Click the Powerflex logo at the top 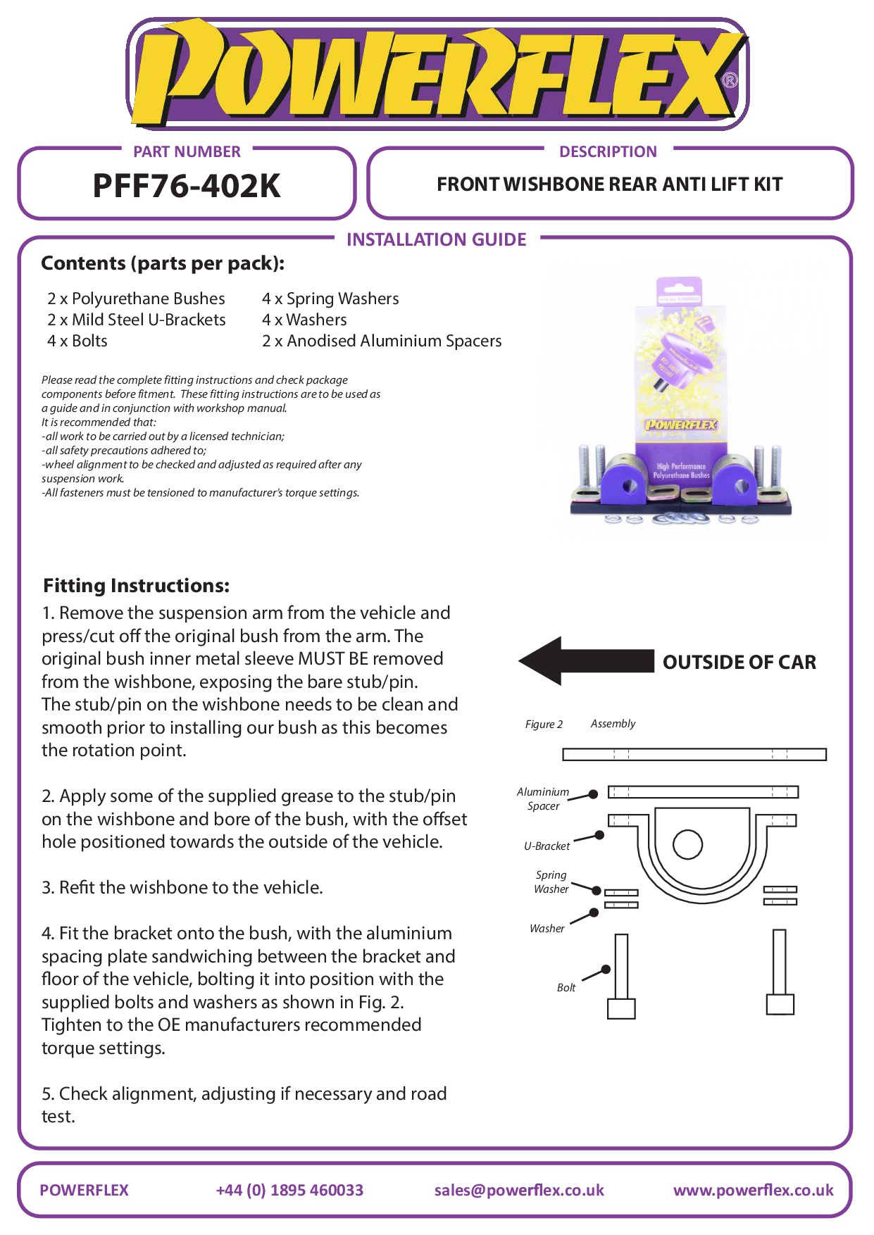437,74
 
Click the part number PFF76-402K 187,186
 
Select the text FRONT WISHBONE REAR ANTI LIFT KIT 609,184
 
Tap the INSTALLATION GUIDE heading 436,239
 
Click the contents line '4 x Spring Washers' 330,299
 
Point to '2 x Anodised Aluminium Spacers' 382,341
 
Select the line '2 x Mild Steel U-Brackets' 136,320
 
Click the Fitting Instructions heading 136,586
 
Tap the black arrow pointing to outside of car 585,660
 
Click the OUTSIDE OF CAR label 739,662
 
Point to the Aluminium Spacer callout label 542,798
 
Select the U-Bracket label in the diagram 547,846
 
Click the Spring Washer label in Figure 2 551,882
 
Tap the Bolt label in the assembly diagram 566,987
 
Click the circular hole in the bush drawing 687,844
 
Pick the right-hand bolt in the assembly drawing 780,972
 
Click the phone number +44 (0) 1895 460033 289,1190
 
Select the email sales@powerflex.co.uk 519,1190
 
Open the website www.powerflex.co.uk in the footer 753,1190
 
